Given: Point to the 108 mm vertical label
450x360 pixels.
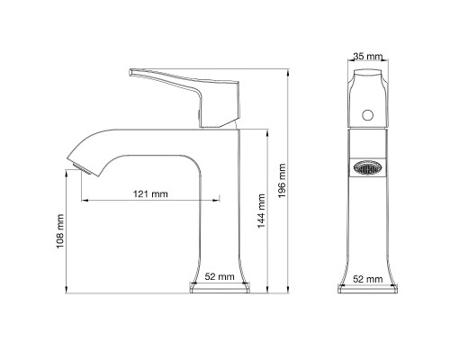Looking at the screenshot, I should point(60,230).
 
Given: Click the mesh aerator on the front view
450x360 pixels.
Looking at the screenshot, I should point(366,166).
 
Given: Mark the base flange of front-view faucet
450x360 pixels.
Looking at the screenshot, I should point(367,290).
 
